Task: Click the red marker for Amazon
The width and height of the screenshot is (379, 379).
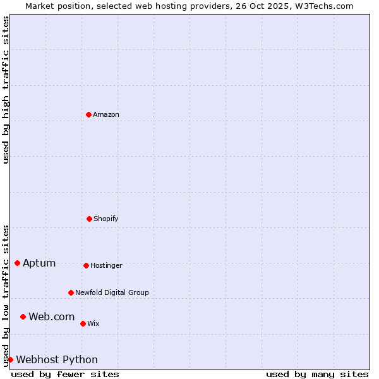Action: coord(89,114)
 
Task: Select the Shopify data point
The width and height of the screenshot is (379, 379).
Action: coord(89,219)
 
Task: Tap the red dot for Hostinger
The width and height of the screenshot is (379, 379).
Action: coord(86,265)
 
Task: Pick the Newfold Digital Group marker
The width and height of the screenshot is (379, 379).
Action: coord(71,292)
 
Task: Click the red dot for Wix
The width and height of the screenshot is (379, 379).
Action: coord(83,323)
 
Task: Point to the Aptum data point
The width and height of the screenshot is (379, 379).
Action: coord(17,263)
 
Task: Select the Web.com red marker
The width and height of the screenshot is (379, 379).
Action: coord(23,316)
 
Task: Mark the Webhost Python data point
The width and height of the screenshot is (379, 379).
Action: coord(10,359)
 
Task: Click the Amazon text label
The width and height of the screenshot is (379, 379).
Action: coord(106,115)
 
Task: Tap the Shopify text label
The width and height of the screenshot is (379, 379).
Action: coord(106,219)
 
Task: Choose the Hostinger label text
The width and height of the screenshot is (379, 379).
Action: coord(106,266)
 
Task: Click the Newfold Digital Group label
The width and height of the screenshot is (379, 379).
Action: coord(112,293)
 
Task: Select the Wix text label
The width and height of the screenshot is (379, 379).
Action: coord(93,324)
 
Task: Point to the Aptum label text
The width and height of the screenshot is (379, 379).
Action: coord(39,263)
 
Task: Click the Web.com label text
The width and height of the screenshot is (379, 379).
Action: coord(52,317)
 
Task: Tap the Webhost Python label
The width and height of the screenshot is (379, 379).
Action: coord(57,360)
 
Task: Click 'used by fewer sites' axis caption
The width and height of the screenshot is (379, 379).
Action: coord(65,374)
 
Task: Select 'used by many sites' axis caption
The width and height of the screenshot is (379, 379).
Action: coord(317,374)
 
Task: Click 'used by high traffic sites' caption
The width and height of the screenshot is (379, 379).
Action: coord(6,90)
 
